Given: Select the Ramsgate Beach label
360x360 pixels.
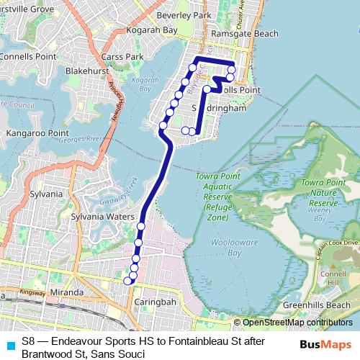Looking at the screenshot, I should (229, 33).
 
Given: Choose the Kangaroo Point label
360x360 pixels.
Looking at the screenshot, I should (36, 134).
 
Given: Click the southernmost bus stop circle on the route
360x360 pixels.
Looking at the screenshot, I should (127, 281).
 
